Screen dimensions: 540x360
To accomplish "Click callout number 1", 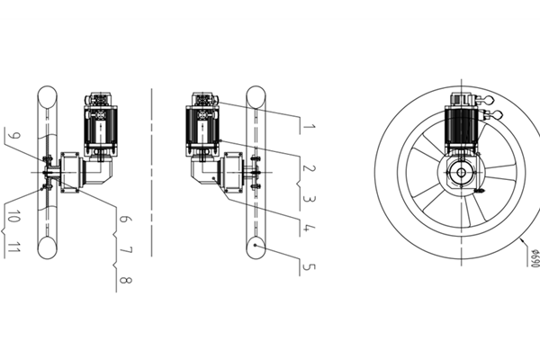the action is (x=309, y=127).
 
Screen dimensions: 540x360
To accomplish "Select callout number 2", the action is (x=309, y=168).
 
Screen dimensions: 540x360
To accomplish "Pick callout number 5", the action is (x=309, y=267).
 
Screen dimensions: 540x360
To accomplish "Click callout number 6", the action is (x=125, y=219).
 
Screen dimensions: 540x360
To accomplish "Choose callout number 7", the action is (x=126, y=250).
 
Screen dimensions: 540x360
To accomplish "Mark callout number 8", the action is (x=126, y=280).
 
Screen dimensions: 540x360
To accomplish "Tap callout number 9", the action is (x=13, y=136).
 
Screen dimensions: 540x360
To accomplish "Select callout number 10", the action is (x=13, y=217).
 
